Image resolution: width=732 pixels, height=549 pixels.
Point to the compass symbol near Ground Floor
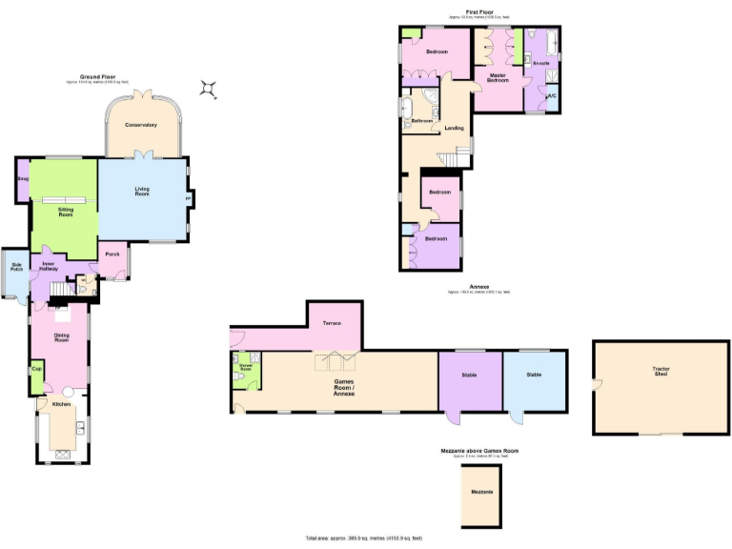click(x=210, y=90)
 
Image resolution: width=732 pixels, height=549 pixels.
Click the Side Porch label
click(x=16, y=270)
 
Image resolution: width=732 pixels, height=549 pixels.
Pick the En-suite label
click(x=541, y=63)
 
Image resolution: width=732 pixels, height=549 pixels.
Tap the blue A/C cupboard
click(x=551, y=96)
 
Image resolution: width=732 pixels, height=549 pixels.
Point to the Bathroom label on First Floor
click(x=420, y=121)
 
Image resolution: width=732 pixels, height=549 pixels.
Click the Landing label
click(x=454, y=128)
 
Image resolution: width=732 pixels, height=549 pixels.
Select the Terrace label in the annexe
click(x=332, y=323)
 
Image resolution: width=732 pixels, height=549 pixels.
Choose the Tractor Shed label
click(x=660, y=372)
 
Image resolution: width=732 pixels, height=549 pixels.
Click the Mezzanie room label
click(x=481, y=492)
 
